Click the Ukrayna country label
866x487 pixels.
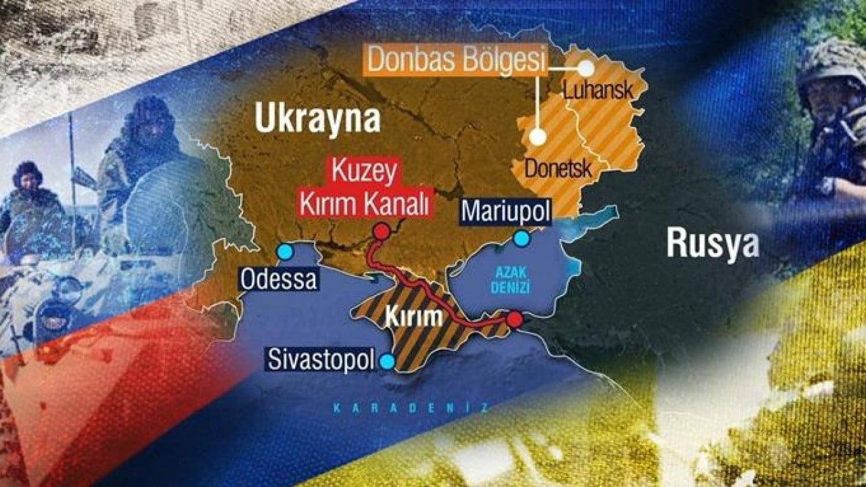(x=317, y=119)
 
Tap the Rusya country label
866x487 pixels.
(x=712, y=243)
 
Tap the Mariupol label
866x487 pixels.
(x=505, y=212)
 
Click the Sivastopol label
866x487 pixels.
(x=321, y=359)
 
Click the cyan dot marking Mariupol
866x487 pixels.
(x=521, y=238)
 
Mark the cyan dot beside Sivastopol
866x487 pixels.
(x=387, y=362)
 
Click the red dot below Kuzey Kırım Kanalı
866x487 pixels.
(x=382, y=232)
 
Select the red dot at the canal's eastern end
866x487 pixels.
(x=515, y=319)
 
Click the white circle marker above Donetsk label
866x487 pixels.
(x=538, y=137)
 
